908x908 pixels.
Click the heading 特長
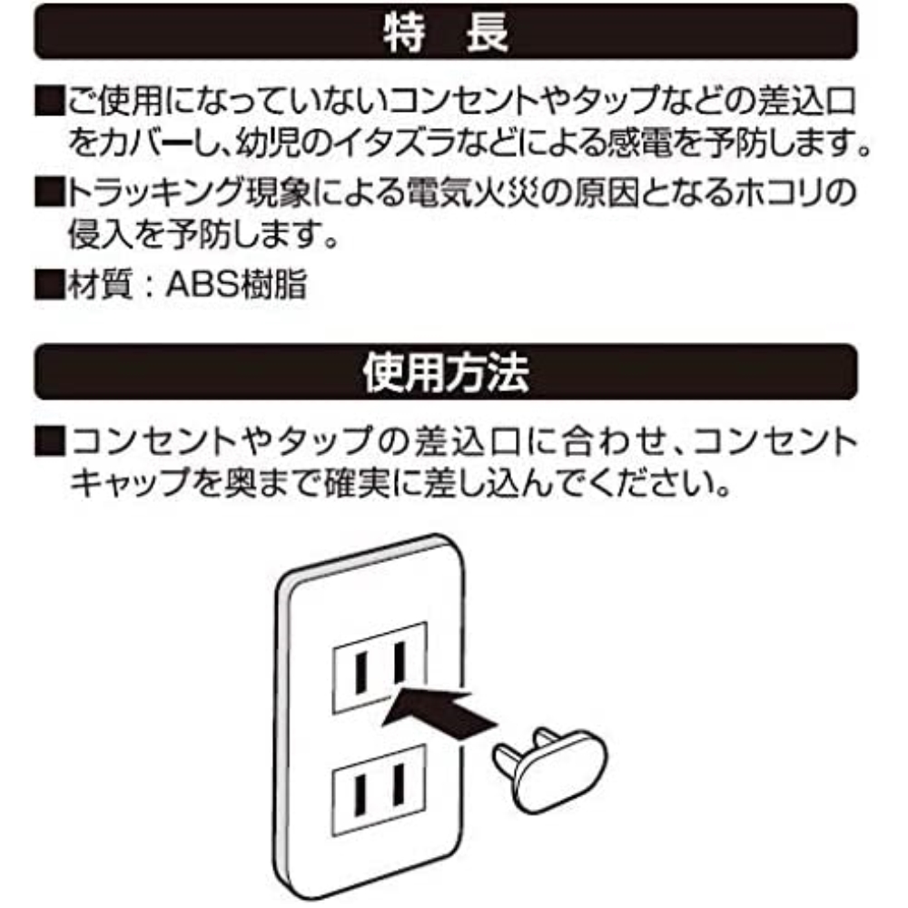(445, 33)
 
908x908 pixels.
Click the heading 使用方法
(445, 372)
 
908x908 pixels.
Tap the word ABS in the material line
(202, 284)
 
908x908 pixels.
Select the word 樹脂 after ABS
(272, 284)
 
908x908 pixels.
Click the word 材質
(100, 284)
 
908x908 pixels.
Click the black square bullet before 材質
(50, 284)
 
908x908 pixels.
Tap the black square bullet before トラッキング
(50, 192)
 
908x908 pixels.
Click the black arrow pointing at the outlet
(440, 711)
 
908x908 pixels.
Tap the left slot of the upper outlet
(360, 674)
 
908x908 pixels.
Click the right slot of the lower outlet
(399, 785)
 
